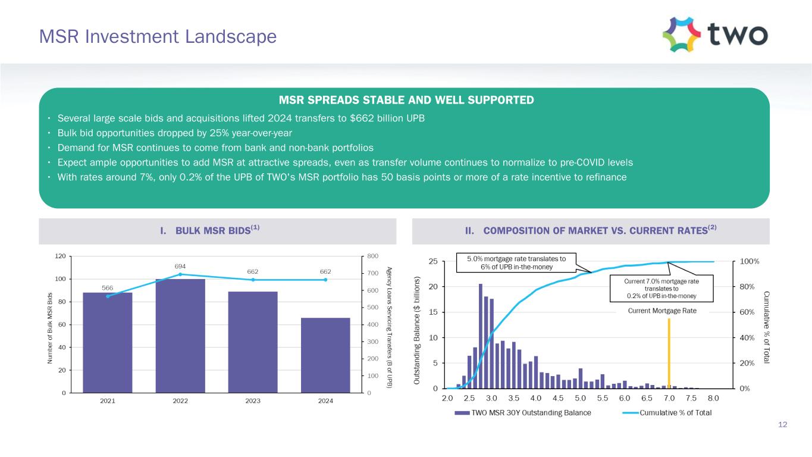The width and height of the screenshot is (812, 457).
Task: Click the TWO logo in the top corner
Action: (x=714, y=34)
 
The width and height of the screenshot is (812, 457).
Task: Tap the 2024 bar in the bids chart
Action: (x=325, y=355)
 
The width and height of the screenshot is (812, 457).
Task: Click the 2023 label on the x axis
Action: (x=253, y=401)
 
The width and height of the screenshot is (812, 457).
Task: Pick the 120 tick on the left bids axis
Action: (x=59, y=256)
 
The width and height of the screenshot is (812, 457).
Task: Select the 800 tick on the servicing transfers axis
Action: (x=372, y=256)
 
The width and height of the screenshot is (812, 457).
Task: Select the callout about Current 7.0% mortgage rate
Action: (x=661, y=288)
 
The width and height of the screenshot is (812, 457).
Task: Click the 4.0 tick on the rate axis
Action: (x=536, y=398)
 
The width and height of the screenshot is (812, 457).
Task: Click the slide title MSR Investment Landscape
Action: (x=158, y=37)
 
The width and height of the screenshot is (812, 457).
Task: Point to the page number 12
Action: (x=783, y=424)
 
